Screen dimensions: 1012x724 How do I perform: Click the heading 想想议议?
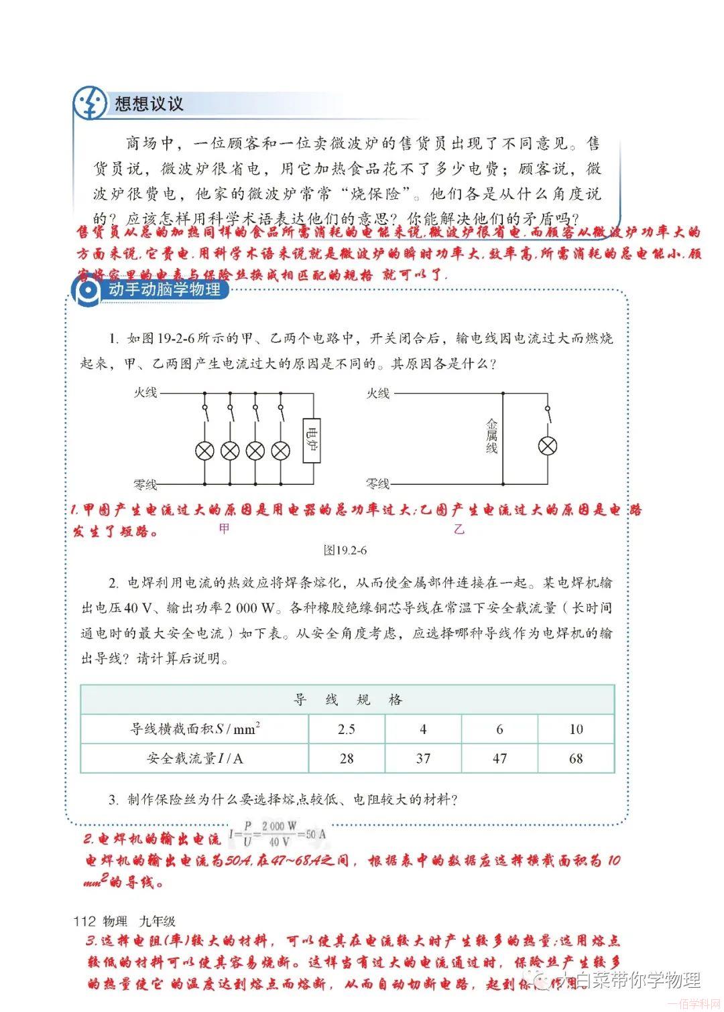pyautogui.click(x=149, y=104)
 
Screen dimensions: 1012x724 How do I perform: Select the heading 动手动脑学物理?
pyautogui.click(x=164, y=290)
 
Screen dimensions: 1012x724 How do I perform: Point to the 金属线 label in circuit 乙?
pyautogui.click(x=491, y=436)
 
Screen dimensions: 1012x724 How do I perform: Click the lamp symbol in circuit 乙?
pyautogui.click(x=549, y=445)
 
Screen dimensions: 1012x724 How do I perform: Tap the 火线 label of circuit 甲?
pyautogui.click(x=145, y=393)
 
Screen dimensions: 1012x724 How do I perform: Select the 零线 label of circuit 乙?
pyautogui.click(x=377, y=484)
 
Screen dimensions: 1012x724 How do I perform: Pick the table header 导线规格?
pyautogui.click(x=347, y=700)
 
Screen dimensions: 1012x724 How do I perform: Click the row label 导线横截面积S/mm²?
pyautogui.click(x=195, y=729)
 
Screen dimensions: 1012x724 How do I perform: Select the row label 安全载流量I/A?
pyautogui.click(x=195, y=758)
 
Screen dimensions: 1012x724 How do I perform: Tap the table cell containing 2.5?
pyautogui.click(x=347, y=729)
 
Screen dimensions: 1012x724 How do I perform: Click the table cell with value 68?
pyautogui.click(x=576, y=758)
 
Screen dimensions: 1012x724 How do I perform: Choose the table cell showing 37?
pyautogui.click(x=423, y=758)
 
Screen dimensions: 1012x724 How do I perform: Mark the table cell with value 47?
pyautogui.click(x=499, y=758)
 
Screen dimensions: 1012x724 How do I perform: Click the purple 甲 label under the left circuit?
pyautogui.click(x=224, y=528)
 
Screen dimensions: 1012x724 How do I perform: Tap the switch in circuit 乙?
pyautogui.click(x=549, y=414)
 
